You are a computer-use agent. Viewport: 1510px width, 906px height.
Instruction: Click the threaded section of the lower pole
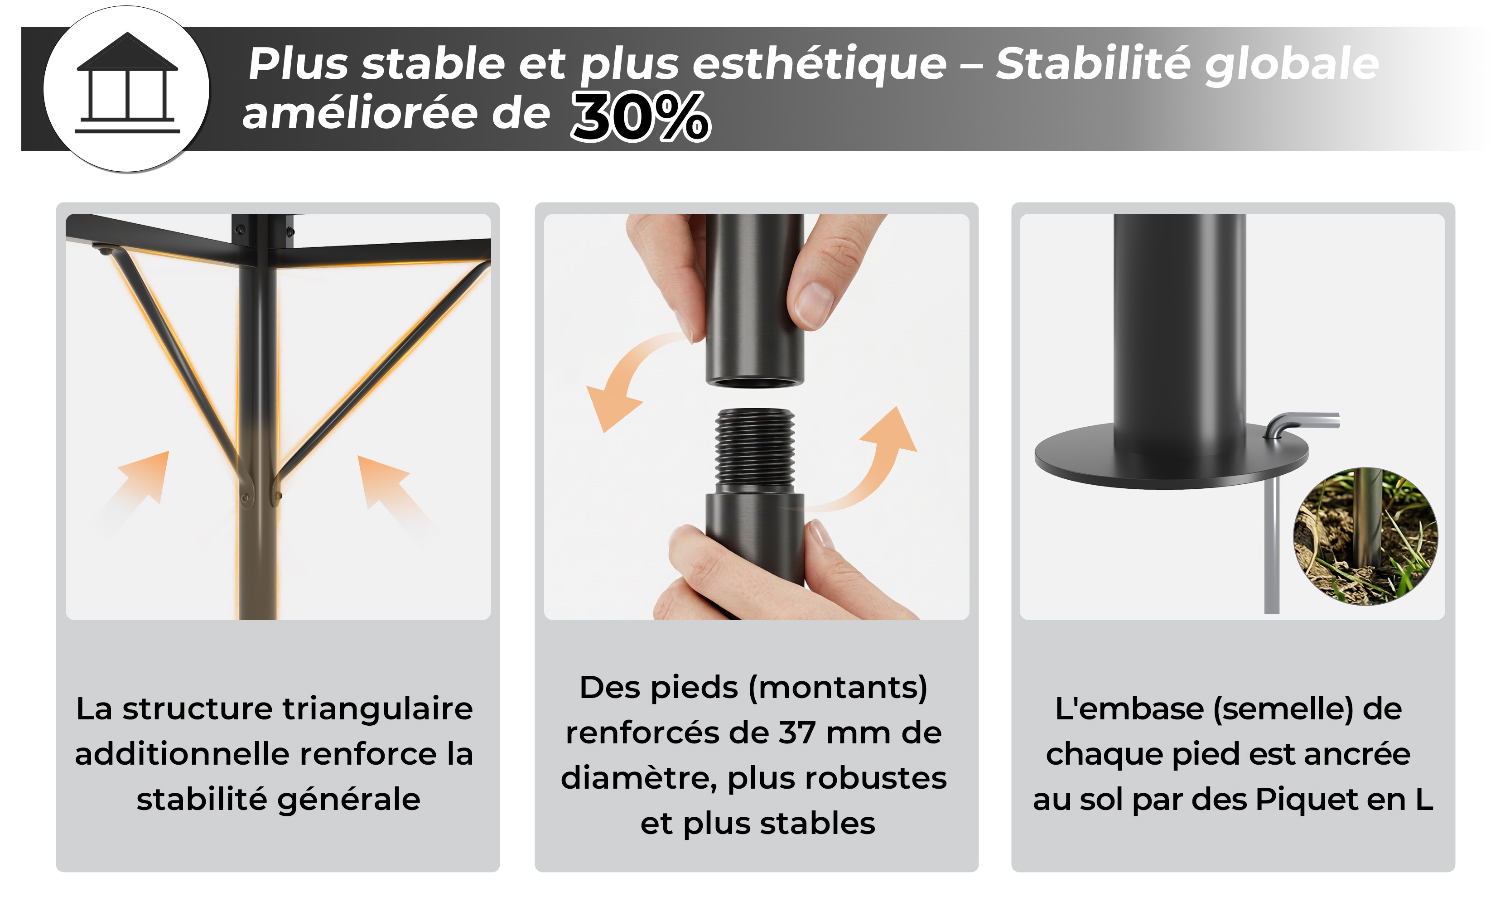coord(755,447)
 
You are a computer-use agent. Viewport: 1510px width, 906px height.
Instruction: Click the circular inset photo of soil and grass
coord(1365,536)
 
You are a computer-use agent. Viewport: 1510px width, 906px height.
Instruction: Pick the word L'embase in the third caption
coord(1129,709)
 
